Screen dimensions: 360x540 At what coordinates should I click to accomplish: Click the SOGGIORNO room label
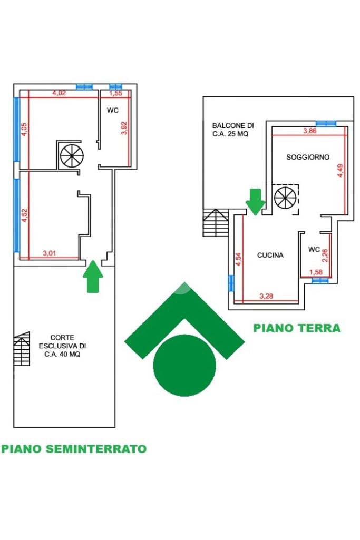(x=308, y=157)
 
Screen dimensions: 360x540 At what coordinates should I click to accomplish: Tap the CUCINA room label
(x=270, y=255)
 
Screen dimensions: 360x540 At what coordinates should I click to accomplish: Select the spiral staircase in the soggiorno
(x=285, y=198)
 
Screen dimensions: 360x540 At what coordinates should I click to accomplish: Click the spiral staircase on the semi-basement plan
(x=72, y=155)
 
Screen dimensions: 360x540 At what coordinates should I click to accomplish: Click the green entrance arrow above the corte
(x=93, y=277)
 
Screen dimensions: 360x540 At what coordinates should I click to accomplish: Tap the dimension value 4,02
(x=59, y=93)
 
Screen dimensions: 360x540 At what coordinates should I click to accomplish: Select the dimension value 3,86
(x=309, y=131)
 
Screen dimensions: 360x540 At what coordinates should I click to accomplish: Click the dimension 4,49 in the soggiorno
(x=340, y=171)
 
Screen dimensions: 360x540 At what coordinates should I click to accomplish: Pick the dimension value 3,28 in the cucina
(x=266, y=296)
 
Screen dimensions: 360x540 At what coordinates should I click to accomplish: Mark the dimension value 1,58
(x=316, y=272)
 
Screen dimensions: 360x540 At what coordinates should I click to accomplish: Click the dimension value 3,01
(x=49, y=253)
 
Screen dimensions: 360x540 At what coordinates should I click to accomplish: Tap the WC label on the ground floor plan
(x=314, y=249)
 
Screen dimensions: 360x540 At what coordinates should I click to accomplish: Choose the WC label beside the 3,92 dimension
(x=113, y=110)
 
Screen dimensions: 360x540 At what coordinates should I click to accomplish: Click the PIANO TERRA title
(x=297, y=328)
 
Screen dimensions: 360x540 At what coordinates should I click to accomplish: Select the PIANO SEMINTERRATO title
(x=74, y=449)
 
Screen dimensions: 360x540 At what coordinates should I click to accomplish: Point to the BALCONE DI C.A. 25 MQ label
(x=233, y=130)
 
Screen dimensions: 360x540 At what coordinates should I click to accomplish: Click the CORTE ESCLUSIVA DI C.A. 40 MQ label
(x=62, y=346)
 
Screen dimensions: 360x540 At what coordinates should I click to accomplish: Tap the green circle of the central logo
(x=184, y=365)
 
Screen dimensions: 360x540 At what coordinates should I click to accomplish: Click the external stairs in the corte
(x=22, y=349)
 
